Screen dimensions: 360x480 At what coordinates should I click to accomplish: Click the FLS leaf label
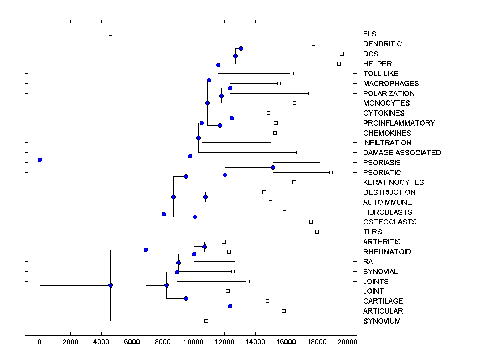pyautogui.click(x=370, y=34)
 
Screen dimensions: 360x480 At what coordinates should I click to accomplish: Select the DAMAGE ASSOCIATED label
pyautogui.click(x=402, y=153)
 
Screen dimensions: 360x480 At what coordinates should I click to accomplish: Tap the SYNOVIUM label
pyautogui.click(x=382, y=321)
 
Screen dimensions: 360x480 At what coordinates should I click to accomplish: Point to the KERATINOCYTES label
pyautogui.click(x=394, y=182)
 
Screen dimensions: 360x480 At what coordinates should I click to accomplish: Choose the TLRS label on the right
pyautogui.click(x=372, y=232)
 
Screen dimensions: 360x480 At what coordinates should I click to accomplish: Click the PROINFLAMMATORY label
pyautogui.click(x=399, y=123)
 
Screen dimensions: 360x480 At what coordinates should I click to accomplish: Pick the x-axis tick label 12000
pyautogui.click(x=224, y=341)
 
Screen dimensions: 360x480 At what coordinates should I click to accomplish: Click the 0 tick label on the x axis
pyautogui.click(x=40, y=341)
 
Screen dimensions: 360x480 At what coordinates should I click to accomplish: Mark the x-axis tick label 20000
pyautogui.click(x=348, y=341)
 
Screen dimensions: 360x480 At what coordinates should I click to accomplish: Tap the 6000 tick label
pyautogui.click(x=132, y=341)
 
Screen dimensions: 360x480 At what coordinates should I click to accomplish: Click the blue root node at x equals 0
pyautogui.click(x=40, y=160)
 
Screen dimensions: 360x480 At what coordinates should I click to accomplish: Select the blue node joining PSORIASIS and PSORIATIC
pyautogui.click(x=273, y=167)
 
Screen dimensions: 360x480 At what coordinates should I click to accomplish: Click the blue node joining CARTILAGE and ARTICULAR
pyautogui.click(x=230, y=306)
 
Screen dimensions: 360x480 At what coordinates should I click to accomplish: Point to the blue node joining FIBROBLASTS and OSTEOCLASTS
pyautogui.click(x=195, y=217)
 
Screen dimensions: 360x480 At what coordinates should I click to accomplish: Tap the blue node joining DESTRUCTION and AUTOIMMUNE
pyautogui.click(x=205, y=197)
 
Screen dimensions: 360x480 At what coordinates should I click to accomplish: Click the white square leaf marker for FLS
pyautogui.click(x=111, y=34)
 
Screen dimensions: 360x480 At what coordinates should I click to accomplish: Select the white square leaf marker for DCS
pyautogui.click(x=342, y=54)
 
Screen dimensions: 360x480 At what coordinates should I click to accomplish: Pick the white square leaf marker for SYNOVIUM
pyautogui.click(x=206, y=321)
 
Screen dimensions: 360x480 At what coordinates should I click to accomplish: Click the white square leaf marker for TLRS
pyautogui.click(x=317, y=232)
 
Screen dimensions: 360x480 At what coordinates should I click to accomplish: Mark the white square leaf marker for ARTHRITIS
pyautogui.click(x=224, y=242)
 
